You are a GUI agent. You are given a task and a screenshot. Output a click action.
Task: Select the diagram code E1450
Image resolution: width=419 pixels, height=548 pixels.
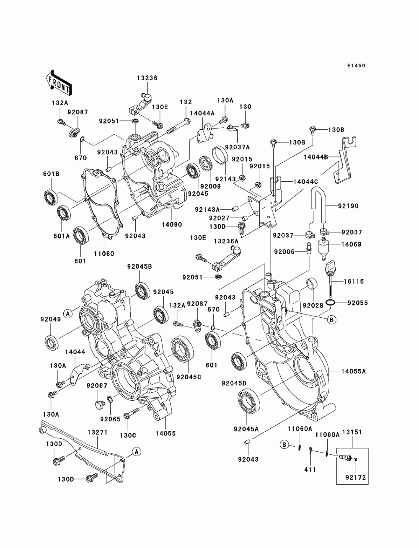coord(356,66)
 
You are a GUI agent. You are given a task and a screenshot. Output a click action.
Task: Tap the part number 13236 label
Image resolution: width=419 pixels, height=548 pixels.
coord(147,78)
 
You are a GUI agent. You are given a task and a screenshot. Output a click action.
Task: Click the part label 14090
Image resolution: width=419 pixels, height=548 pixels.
coord(172,224)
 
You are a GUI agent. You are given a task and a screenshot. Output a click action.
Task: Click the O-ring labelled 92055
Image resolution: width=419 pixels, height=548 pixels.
coord(330,303)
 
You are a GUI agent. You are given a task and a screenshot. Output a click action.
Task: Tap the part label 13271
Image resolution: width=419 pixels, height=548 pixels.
coord(98,432)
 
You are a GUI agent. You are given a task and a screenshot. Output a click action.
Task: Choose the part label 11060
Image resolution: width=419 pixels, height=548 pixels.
coord(104,253)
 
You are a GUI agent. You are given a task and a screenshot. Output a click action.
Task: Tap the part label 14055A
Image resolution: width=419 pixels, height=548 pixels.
coord(354,371)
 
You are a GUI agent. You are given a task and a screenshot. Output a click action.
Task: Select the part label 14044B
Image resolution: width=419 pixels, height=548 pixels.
coord(316,157)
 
